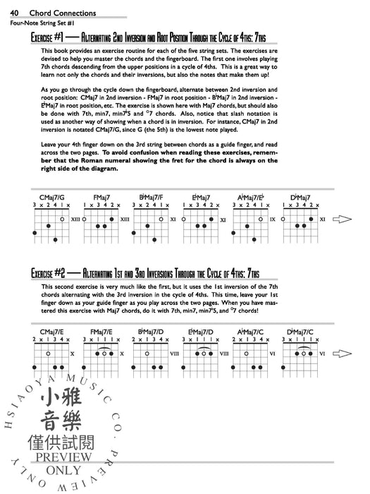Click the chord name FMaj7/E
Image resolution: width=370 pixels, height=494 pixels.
pos(102,331)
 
